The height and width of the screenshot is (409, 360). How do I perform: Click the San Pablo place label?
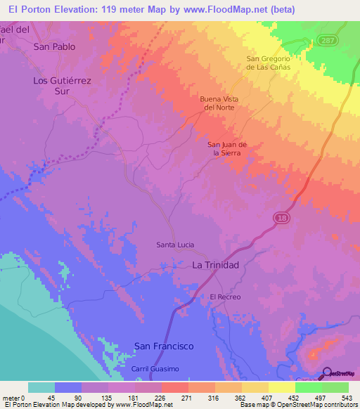(54, 47)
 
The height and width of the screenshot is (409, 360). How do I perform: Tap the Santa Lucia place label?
(174, 245)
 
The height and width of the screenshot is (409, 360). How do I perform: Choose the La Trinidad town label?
(216, 265)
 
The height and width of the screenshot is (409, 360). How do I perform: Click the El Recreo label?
(225, 297)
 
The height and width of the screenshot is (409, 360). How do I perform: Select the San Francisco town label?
(164, 346)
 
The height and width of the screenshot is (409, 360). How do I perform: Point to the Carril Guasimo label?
(155, 369)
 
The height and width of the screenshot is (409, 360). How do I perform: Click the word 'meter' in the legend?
(11, 397)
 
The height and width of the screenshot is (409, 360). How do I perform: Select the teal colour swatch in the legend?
(41, 387)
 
